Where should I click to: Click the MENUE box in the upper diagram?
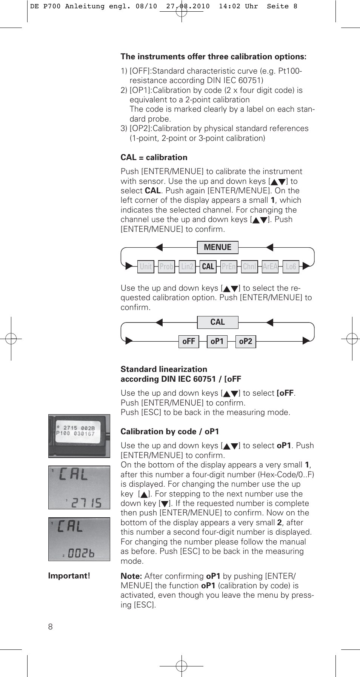tap(218, 247)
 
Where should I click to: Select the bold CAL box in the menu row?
tap(208, 267)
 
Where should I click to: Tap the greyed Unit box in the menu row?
tap(146, 267)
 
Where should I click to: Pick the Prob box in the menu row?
tap(166, 267)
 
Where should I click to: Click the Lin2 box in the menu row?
tap(187, 267)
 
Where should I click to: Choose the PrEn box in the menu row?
tap(229, 267)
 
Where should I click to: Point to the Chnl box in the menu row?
tap(249, 267)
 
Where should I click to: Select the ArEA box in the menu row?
tap(270, 267)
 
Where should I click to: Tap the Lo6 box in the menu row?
tap(291, 267)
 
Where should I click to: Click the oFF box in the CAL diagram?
tap(189, 341)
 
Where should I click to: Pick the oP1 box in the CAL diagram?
tap(217, 341)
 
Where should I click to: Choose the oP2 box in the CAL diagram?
tap(246, 341)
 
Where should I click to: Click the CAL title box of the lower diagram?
tap(218, 322)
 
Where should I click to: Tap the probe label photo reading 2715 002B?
tap(79, 436)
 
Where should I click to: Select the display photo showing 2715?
tap(79, 487)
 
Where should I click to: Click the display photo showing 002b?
tap(79, 539)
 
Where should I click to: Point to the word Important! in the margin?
tap(69, 576)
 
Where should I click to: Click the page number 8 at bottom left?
tap(51, 627)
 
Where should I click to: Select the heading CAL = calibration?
tap(154, 157)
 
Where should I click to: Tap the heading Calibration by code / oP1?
tap(170, 432)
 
